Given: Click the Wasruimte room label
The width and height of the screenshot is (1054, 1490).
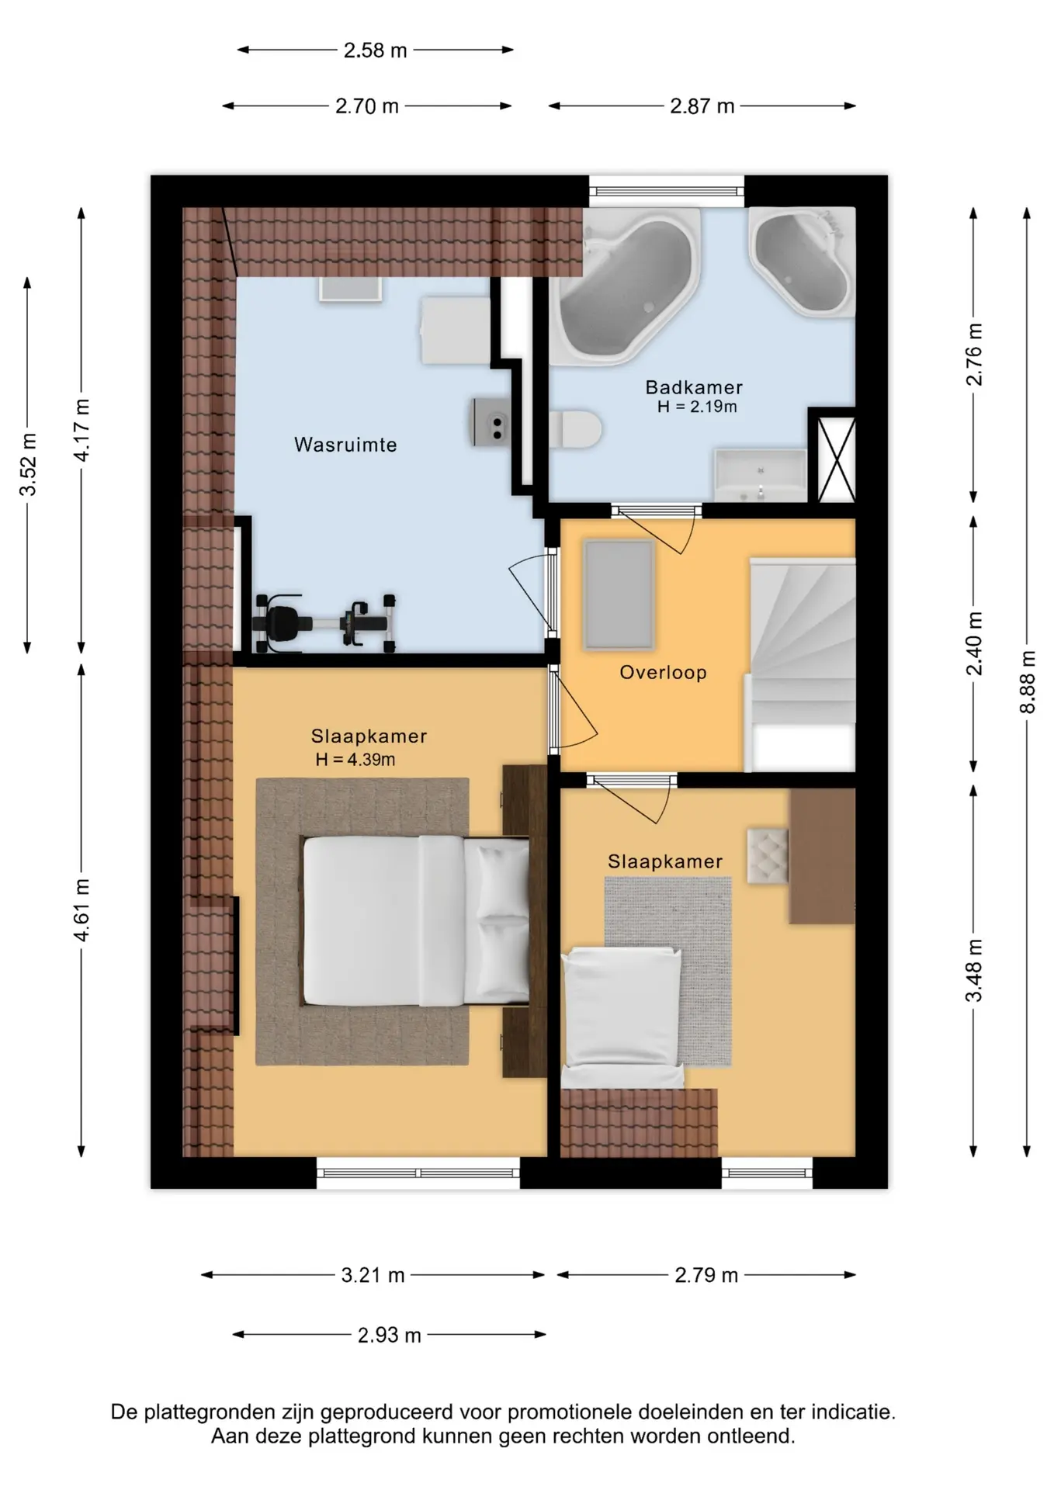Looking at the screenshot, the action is (345, 445).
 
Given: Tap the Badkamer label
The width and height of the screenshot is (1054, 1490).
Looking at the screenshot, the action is (694, 386).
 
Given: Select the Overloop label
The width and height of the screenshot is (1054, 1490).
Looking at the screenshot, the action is (663, 672).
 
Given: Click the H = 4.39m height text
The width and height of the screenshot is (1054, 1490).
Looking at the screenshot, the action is (355, 760).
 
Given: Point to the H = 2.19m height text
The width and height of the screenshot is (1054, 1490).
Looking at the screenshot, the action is (697, 407).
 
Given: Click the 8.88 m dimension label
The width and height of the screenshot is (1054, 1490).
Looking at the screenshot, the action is (1028, 681).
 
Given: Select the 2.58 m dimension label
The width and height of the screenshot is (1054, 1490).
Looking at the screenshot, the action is (376, 50).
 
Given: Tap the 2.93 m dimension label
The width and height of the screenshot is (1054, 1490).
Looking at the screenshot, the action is (390, 1335).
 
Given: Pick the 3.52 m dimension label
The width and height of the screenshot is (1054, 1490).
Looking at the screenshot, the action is (29, 464).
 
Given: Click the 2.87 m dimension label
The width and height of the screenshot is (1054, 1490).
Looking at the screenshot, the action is (702, 106).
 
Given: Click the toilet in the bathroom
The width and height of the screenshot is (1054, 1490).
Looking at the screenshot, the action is (575, 429).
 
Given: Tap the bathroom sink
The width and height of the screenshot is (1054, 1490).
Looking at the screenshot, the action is (761, 475).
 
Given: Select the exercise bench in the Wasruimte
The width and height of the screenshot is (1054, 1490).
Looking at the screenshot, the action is (324, 622).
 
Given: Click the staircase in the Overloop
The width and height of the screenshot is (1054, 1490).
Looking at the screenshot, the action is (800, 664).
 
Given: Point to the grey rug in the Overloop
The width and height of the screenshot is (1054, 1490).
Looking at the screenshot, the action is (619, 594).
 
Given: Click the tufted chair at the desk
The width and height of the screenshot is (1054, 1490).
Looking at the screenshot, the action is (768, 855).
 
